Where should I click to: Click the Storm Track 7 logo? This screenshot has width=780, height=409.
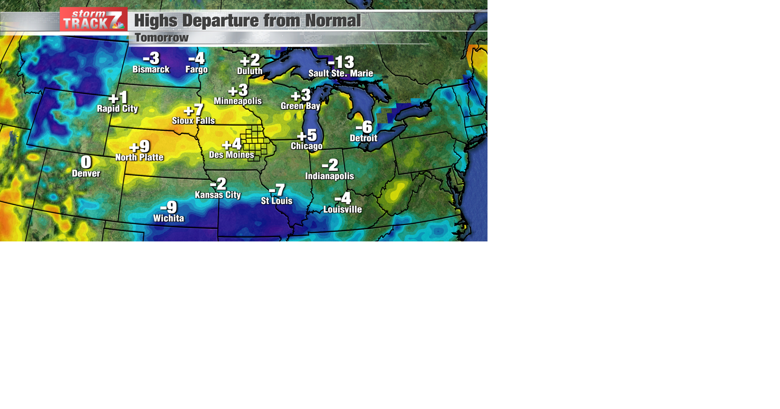point(93,19)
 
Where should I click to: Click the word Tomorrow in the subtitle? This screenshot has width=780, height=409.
point(162,38)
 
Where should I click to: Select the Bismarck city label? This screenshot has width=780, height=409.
point(151,69)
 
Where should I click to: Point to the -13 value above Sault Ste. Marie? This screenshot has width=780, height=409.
point(341,62)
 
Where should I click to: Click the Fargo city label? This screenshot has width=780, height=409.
point(197,69)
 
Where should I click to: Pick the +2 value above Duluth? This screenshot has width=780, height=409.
point(250,60)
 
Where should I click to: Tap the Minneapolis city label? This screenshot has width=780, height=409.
point(238,101)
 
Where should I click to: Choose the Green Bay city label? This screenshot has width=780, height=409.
point(300,106)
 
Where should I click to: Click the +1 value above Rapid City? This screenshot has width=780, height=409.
point(118,97)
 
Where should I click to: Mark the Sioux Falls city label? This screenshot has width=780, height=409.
point(193,121)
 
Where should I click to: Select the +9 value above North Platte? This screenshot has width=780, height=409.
point(139,146)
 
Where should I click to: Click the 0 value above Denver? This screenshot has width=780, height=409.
point(86,162)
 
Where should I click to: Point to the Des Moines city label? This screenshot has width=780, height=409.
point(232,155)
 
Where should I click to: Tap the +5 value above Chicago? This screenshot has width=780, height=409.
point(307,135)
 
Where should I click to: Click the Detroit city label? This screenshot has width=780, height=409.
point(364,138)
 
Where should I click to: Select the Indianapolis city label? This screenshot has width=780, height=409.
point(329,176)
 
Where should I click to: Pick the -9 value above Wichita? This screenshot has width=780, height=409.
point(169,207)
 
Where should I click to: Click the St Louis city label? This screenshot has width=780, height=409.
point(277,201)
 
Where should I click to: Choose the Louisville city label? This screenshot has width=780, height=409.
point(342,209)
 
